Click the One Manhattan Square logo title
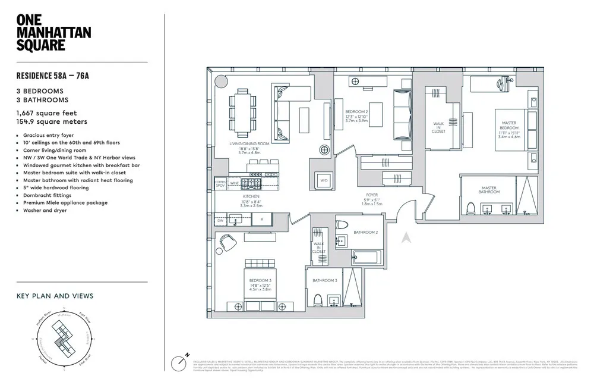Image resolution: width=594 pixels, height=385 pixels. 53,33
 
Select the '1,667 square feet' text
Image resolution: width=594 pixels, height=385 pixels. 46,112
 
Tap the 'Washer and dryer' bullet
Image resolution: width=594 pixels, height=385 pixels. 42,211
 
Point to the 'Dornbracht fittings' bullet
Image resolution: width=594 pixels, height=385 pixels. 44,195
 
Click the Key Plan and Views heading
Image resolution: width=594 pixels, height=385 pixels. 55,296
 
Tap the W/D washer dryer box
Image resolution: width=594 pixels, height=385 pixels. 324,180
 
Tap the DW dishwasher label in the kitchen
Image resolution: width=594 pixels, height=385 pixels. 220,221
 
